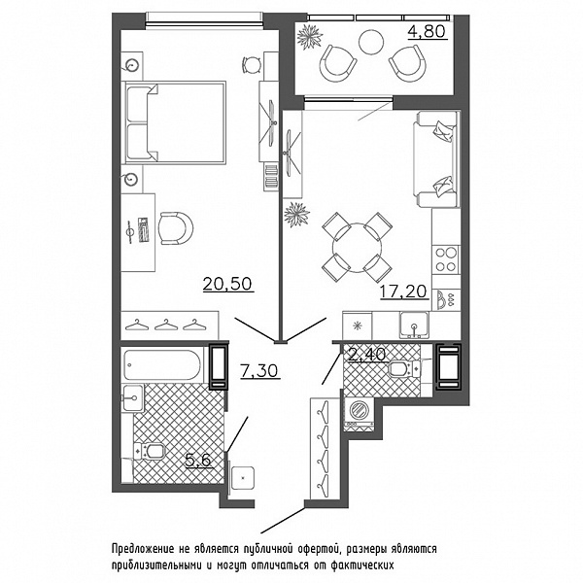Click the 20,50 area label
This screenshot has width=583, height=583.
228,284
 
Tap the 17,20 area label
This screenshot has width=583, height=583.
404,291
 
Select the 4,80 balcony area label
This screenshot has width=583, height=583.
427,32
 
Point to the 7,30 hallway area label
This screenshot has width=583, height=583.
259,371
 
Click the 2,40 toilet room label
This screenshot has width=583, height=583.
367,354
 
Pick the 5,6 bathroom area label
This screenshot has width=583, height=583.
198,461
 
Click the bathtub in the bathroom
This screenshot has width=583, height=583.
163,364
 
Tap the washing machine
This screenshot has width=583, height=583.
360,414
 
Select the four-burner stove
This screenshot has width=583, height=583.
446,259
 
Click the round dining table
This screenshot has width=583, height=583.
357,247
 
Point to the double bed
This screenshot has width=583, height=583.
176,122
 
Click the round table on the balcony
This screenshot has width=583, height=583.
371,42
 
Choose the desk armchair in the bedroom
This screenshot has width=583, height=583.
176,228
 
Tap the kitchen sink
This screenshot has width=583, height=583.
414,326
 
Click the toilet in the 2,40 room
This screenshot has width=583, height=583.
404,368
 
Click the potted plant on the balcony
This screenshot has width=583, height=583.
310,36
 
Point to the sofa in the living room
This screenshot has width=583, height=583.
435,159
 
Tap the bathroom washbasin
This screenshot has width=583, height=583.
133,397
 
